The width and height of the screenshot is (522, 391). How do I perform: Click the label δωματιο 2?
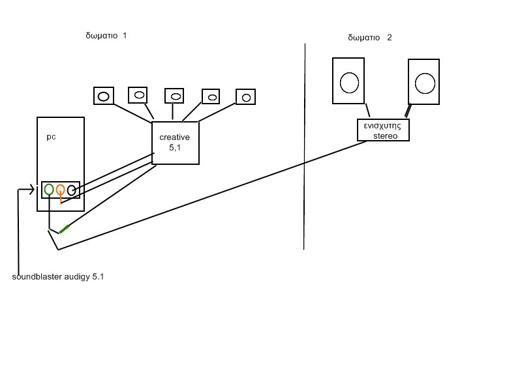click(x=370, y=38)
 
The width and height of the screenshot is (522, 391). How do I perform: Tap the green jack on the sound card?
click(x=49, y=190)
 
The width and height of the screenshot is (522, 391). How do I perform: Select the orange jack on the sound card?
click(x=60, y=190)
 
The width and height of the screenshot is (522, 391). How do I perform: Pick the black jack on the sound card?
click(x=72, y=191)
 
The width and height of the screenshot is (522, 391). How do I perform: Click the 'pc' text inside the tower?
click(x=51, y=138)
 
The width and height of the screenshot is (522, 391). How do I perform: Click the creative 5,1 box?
click(x=175, y=143)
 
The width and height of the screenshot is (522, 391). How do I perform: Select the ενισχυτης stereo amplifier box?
click(x=383, y=130)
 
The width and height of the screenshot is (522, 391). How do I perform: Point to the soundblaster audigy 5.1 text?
click(x=58, y=277)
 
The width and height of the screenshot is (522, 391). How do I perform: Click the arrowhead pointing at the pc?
click(x=31, y=190)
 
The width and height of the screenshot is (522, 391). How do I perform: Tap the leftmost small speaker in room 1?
click(x=104, y=96)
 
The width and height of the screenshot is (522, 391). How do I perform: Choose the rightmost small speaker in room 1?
click(x=245, y=97)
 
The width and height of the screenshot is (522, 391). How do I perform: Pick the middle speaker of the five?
click(x=174, y=96)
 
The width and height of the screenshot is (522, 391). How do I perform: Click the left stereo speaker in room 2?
click(x=348, y=81)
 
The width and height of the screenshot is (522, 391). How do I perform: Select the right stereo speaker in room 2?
click(x=425, y=81)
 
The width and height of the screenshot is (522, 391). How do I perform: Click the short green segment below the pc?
click(x=64, y=229)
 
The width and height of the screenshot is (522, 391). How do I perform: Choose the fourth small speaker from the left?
click(x=211, y=96)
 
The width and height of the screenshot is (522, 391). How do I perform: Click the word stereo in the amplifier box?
click(x=385, y=136)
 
